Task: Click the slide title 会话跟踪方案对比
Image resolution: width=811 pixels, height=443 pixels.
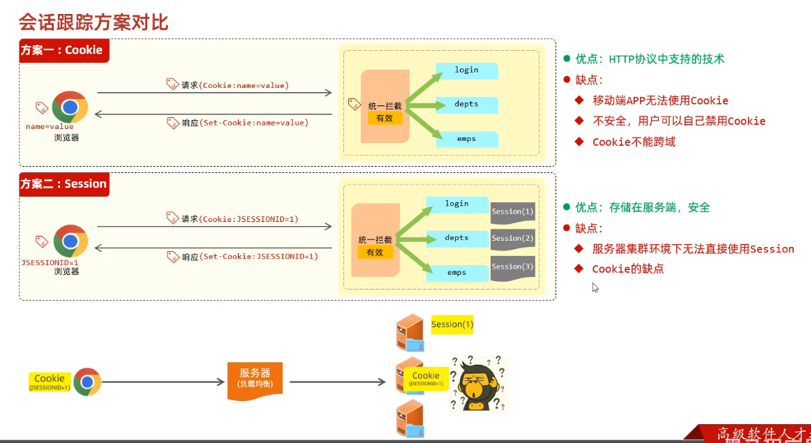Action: [x=94, y=22]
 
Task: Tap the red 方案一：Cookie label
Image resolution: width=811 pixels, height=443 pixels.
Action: [x=64, y=50]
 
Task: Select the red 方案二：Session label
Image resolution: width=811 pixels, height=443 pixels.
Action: [x=64, y=184]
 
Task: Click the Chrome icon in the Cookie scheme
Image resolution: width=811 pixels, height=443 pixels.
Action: [x=70, y=107]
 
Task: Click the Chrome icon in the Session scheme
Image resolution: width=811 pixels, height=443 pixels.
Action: [x=70, y=241]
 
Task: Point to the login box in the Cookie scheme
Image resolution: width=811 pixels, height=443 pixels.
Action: [x=466, y=70]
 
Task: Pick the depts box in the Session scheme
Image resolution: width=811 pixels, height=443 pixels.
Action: [x=456, y=239]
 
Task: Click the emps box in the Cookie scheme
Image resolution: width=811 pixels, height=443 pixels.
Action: [x=466, y=139]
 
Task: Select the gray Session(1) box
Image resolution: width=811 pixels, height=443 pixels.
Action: [x=512, y=212]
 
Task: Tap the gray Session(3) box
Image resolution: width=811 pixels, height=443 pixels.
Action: [x=512, y=267]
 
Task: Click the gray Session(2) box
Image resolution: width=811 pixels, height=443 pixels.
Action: [x=512, y=239]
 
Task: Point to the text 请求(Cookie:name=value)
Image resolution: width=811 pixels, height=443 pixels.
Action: [x=235, y=85]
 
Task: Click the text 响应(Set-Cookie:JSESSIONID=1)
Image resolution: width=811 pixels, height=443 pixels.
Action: [x=249, y=257]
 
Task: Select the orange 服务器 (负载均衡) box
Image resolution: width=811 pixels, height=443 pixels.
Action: [x=255, y=380]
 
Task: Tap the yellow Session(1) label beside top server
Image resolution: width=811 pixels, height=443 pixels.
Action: [x=452, y=324]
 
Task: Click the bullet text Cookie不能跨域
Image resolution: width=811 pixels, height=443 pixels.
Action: [x=633, y=142]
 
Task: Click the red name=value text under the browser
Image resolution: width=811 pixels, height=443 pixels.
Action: [x=49, y=127]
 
